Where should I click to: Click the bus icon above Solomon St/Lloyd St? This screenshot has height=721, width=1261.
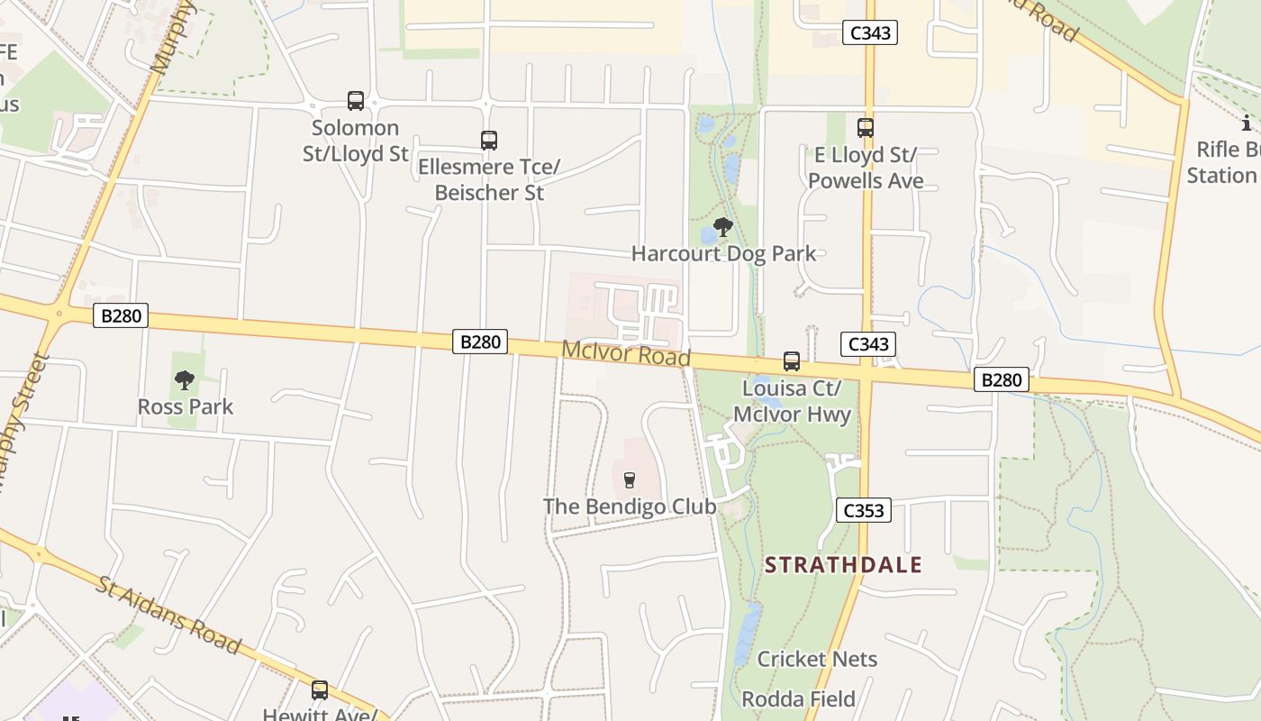(x=356, y=100)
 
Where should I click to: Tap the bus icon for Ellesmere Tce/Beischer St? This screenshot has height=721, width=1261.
(x=489, y=140)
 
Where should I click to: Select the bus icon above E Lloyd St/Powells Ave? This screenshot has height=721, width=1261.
(x=866, y=128)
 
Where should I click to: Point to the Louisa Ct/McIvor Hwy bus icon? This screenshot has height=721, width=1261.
(x=792, y=361)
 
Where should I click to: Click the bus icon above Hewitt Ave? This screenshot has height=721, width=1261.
(x=320, y=690)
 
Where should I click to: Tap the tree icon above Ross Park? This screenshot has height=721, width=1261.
(x=185, y=380)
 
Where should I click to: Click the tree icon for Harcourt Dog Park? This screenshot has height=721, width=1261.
(x=722, y=227)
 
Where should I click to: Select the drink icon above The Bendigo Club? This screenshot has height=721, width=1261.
(x=630, y=479)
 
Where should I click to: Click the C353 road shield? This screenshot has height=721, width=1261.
(x=863, y=510)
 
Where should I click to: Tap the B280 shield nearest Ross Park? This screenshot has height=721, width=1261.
(x=120, y=316)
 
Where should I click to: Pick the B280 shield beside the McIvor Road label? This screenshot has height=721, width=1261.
(x=479, y=342)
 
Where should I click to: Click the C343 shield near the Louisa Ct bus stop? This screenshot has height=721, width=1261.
(x=868, y=343)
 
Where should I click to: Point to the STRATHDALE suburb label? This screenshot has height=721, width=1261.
(x=843, y=565)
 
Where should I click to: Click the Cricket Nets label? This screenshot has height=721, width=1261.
(x=817, y=659)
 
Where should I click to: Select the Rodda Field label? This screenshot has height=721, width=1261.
(x=798, y=698)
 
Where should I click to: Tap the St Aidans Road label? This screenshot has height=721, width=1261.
(x=168, y=615)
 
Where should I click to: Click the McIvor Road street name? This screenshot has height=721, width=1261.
(x=626, y=352)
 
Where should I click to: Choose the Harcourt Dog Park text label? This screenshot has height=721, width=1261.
(x=723, y=253)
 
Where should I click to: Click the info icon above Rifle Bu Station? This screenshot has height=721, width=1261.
(x=1247, y=123)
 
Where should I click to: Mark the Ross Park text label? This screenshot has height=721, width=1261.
(x=185, y=406)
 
